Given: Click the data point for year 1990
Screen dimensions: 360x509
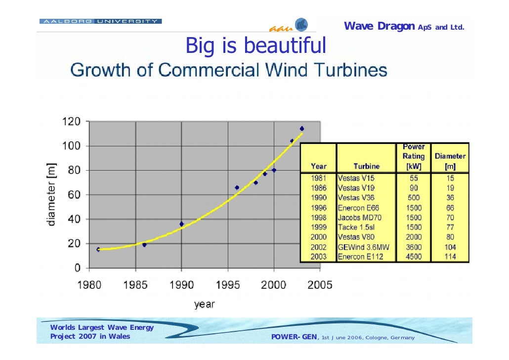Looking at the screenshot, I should coord(181,224).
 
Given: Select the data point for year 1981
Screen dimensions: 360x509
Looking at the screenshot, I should coord(98,249).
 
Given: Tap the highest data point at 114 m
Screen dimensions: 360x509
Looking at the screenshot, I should coord(301,129).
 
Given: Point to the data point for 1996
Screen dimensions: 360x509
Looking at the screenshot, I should coord(237,187).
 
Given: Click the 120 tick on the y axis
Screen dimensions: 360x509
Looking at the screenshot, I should coord(71,121).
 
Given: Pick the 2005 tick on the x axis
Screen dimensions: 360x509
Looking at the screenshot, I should coord(320,285).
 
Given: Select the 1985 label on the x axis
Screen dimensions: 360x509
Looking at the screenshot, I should coord(135,285).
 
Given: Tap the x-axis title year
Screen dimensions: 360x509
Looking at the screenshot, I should coord(204,304).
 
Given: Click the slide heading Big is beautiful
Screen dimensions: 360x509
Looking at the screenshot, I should coord(255,46).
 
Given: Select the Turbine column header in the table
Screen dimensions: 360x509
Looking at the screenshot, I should coord(366,166).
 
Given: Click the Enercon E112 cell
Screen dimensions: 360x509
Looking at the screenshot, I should coord(358,257).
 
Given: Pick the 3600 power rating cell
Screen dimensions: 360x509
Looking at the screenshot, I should coord(413,247).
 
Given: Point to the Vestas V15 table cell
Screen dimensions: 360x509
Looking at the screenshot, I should coord(356,177).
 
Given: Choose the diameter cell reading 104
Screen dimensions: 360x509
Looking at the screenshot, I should coord(450,247).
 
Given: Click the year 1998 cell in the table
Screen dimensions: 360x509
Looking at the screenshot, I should coord(318,218).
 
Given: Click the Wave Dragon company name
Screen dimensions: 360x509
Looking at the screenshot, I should coord(379,26).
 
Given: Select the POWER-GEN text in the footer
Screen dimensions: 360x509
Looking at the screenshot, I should coord(295,337).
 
